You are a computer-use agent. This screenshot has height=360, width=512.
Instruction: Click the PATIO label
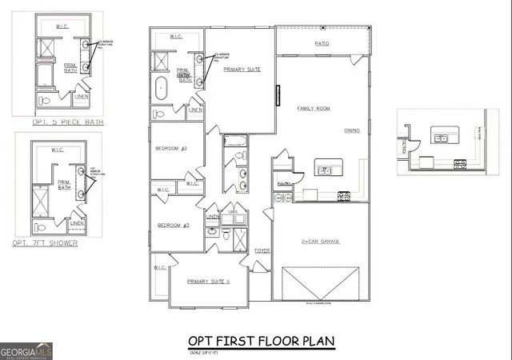[322, 44]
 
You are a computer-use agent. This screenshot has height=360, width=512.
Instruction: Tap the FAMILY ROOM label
[314, 108]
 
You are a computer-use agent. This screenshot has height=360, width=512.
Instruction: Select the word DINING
[352, 130]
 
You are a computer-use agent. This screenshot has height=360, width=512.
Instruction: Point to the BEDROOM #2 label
[170, 149]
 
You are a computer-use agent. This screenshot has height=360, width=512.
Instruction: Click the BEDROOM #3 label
[173, 226]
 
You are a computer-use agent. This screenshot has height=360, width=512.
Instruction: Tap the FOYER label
[262, 251]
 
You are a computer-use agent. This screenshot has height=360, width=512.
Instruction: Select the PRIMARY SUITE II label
[209, 281]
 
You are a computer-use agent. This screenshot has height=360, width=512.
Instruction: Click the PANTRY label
[282, 183]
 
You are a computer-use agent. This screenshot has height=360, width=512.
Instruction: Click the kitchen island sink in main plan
[326, 168]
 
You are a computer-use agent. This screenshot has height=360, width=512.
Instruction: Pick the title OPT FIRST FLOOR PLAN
[261, 342]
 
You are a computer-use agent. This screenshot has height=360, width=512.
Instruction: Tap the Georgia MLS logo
[26, 350]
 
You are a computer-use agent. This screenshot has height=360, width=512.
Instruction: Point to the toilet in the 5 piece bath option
[46, 102]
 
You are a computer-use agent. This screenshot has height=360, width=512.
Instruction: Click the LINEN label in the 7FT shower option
[88, 223]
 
